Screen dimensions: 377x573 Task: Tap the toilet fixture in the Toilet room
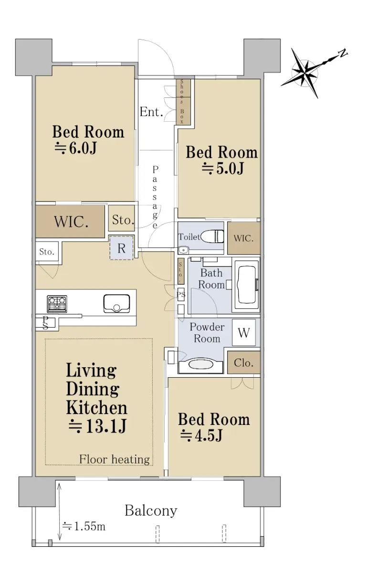213,236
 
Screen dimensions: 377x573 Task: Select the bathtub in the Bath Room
246,285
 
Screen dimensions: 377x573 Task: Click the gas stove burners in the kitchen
57,304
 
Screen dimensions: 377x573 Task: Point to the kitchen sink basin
116,304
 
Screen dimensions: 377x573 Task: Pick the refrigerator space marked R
121,248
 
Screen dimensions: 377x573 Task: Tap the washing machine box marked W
243,332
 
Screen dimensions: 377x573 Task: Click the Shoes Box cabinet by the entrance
183,102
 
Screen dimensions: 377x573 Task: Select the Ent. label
151,112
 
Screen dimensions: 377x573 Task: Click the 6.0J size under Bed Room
76,149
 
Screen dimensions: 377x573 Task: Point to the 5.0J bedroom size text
223,169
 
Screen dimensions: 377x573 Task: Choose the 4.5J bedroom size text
201,435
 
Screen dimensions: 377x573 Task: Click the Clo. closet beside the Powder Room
243,362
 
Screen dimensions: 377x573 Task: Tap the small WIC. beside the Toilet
243,238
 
